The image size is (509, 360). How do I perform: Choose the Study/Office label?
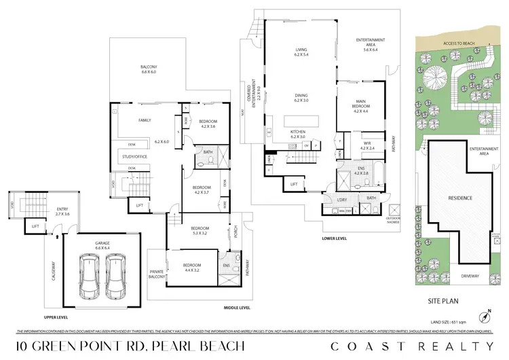134,157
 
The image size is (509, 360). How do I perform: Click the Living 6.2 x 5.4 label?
301,52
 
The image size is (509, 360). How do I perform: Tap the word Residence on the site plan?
460,198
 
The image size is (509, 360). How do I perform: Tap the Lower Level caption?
335,239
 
